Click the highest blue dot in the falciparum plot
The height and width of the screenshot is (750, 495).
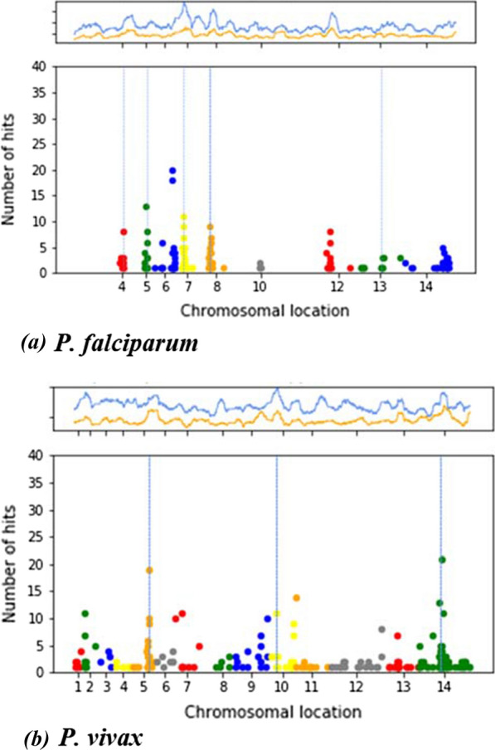point(172,170)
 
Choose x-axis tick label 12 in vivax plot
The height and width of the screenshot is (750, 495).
point(355,687)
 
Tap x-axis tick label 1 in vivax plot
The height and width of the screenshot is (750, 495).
point(77,687)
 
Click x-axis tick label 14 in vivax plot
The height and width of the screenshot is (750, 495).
point(444,687)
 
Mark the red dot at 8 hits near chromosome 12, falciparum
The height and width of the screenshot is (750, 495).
point(330,232)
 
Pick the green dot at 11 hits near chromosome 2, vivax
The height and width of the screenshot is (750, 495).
point(85,614)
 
